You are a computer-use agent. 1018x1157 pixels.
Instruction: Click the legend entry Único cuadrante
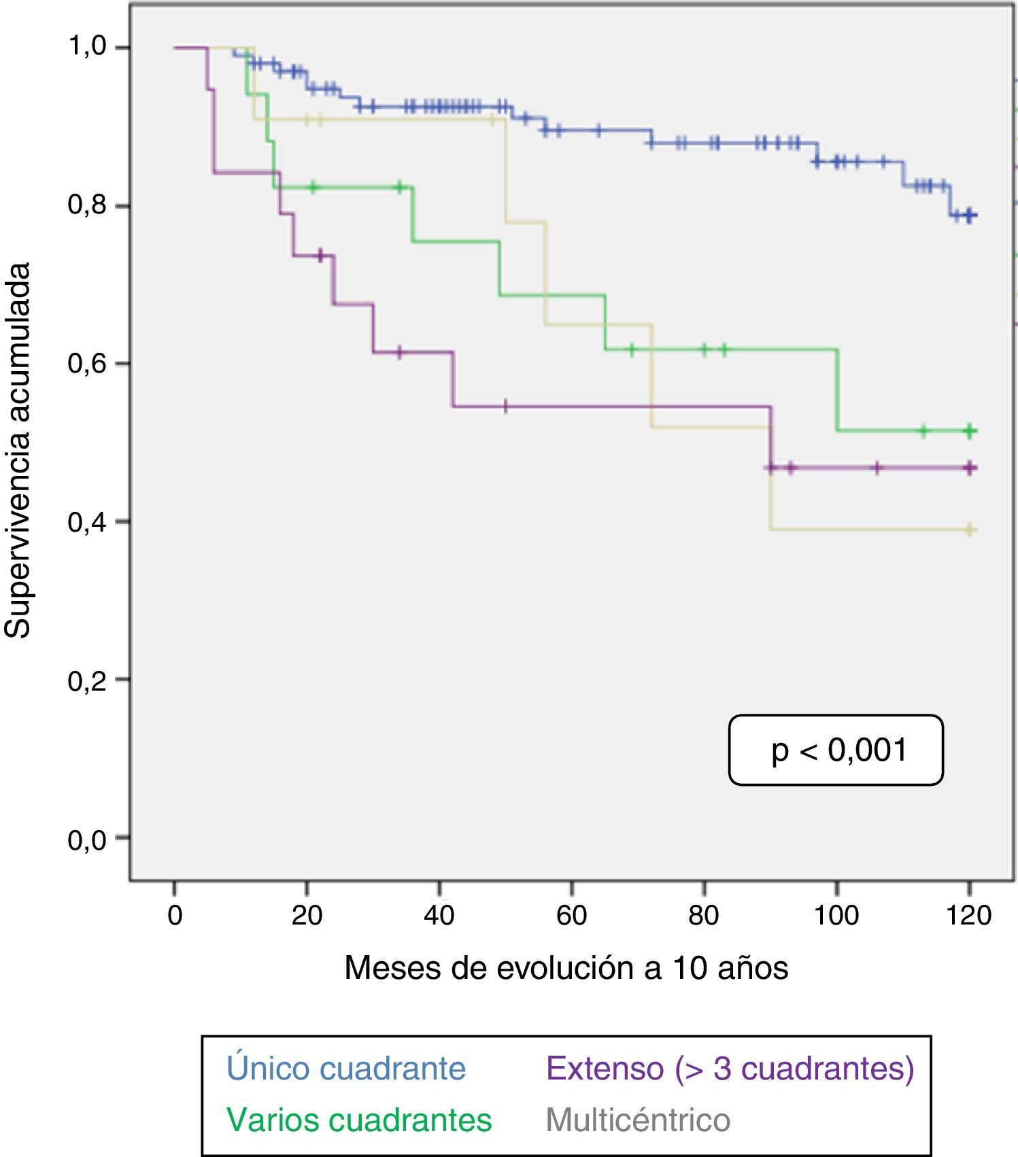[x=346, y=1068]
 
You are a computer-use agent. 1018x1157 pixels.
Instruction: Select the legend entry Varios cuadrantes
[x=359, y=1119]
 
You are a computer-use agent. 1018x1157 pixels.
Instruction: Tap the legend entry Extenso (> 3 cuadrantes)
[x=730, y=1068]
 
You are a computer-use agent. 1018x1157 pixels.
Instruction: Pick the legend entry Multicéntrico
[x=638, y=1119]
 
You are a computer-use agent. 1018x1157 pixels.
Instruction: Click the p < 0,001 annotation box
[x=836, y=750]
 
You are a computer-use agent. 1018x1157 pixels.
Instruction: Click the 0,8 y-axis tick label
[x=88, y=205]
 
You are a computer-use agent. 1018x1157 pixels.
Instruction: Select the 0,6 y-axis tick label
[x=88, y=363]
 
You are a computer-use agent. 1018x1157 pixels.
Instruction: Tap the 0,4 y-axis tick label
[x=88, y=521]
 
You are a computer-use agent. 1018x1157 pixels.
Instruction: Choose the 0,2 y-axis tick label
[x=88, y=680]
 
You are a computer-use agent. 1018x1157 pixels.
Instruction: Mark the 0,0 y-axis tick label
[x=88, y=840]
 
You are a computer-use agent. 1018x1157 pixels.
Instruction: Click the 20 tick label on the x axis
[x=307, y=916]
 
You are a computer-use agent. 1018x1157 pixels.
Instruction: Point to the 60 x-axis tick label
[x=571, y=916]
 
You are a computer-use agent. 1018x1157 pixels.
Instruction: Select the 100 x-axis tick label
[x=836, y=916]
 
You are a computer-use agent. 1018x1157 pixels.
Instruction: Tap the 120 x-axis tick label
[x=969, y=916]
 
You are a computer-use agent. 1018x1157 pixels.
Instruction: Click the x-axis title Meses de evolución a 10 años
[x=566, y=968]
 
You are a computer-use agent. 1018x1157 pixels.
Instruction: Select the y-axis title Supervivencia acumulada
[x=18, y=450]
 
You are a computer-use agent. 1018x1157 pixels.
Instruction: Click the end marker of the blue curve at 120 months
[x=970, y=215]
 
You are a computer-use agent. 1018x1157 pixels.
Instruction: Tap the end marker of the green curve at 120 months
[x=970, y=430]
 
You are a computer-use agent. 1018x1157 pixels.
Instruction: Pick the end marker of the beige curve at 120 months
[x=970, y=530]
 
